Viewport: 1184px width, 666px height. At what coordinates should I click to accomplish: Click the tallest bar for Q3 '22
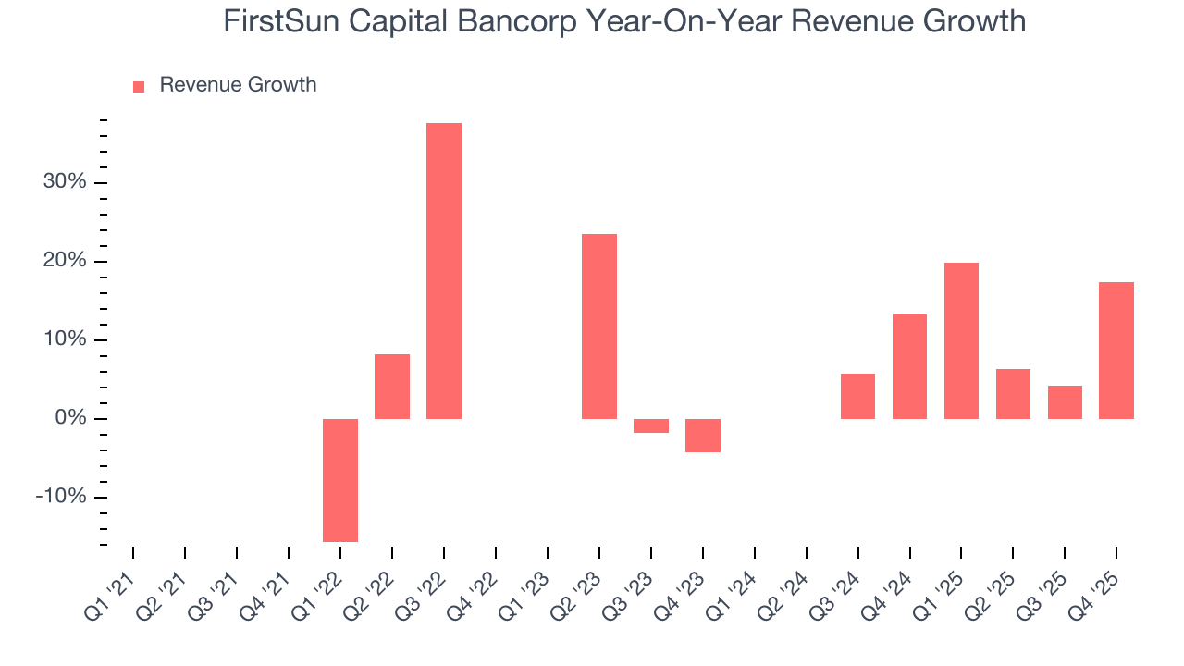443,270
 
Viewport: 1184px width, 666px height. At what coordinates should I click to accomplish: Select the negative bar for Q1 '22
340,480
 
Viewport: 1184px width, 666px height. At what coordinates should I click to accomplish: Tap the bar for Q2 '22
392,387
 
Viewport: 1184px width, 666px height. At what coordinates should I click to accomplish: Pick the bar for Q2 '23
599,326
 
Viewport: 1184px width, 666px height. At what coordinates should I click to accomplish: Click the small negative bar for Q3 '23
651,425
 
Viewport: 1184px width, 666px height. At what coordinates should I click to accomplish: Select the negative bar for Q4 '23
703,436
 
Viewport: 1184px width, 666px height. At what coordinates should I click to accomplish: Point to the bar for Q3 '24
857,396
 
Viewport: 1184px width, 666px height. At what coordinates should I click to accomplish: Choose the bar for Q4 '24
909,366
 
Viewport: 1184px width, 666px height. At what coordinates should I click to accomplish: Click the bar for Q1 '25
961,340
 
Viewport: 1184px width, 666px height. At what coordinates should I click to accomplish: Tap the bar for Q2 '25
1013,394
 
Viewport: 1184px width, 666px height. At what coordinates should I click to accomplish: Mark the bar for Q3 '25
1065,402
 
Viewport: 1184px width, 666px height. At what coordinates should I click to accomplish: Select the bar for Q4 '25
1116,351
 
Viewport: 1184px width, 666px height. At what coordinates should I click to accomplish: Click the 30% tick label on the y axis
65,182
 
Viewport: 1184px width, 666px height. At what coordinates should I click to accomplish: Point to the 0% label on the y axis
69,419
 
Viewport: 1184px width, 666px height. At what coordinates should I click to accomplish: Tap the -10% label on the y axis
61,498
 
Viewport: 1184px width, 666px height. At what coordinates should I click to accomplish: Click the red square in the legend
139,86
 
